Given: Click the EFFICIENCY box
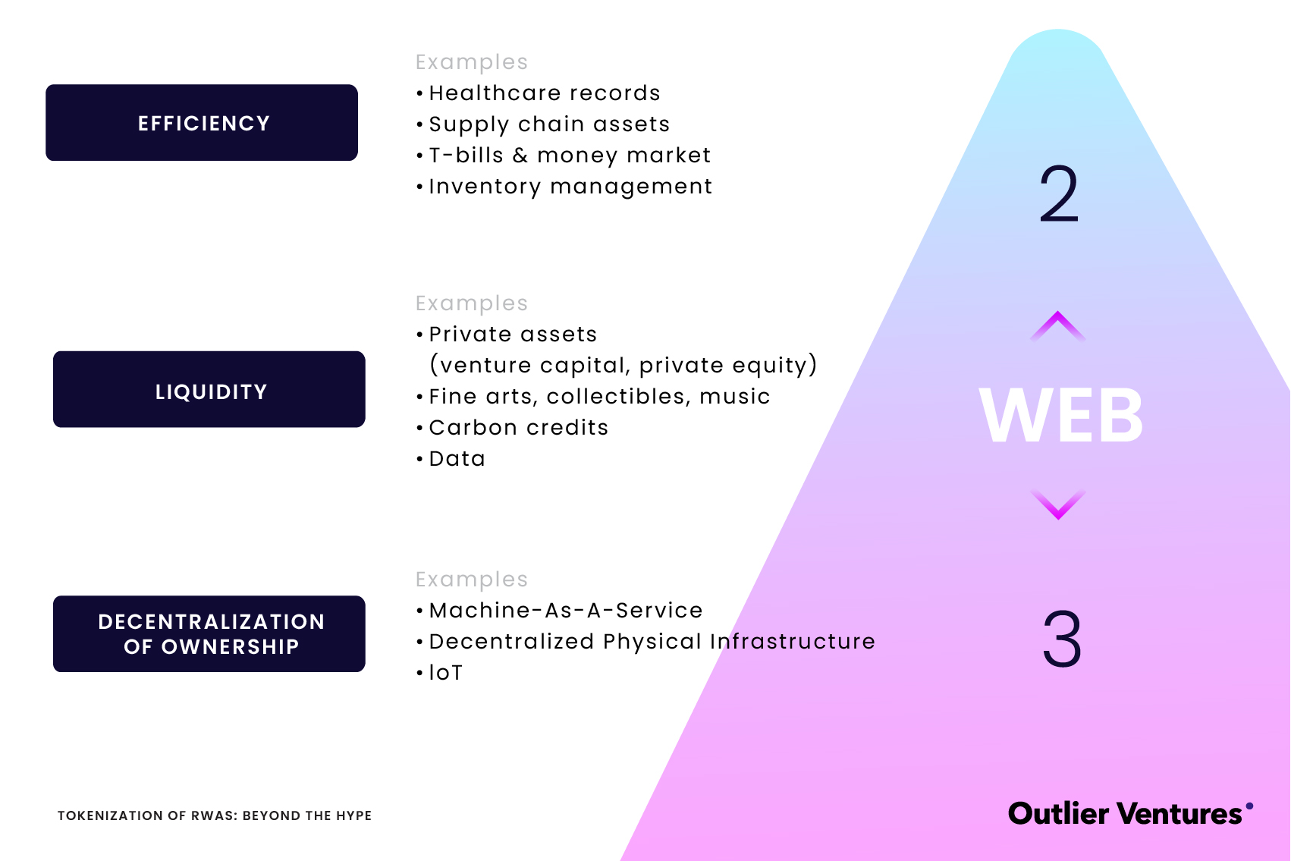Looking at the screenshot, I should pyautogui.click(x=202, y=123).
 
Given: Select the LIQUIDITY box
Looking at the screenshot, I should pyautogui.click(x=209, y=390).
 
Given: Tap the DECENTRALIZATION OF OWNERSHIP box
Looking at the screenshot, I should pyautogui.click(x=209, y=634).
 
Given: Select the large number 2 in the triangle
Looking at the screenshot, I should pyautogui.click(x=1059, y=194).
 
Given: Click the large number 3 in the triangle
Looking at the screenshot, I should pyautogui.click(x=1062, y=639).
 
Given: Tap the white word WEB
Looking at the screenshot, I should pyautogui.click(x=1061, y=416).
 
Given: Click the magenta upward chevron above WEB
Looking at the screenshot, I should pyautogui.click(x=1058, y=325).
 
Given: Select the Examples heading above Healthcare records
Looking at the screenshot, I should pyautogui.click(x=471, y=62).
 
